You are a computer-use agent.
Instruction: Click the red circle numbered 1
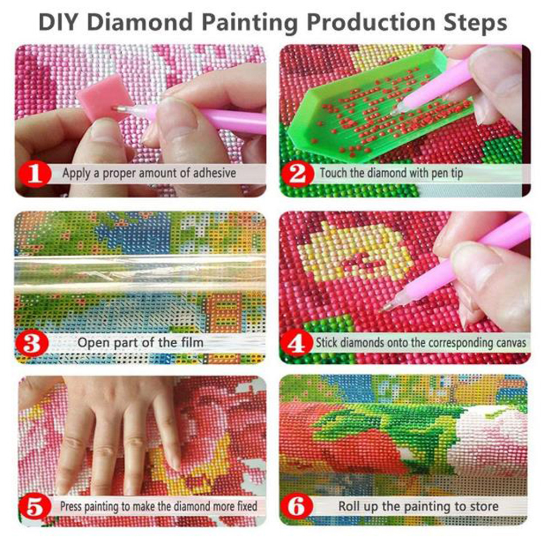pos(35,174)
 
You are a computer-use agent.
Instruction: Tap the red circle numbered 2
pos(298,174)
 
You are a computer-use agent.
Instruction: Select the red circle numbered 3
pos(32,343)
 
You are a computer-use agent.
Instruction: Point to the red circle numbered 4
pos(296,343)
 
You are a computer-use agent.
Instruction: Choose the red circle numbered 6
pos(296,507)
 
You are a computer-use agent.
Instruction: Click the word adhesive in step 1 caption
pos(214,173)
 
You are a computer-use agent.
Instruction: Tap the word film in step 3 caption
pos(192,343)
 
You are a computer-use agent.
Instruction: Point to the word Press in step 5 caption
pos(71,507)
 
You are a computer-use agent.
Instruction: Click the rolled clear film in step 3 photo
pos(140,273)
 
